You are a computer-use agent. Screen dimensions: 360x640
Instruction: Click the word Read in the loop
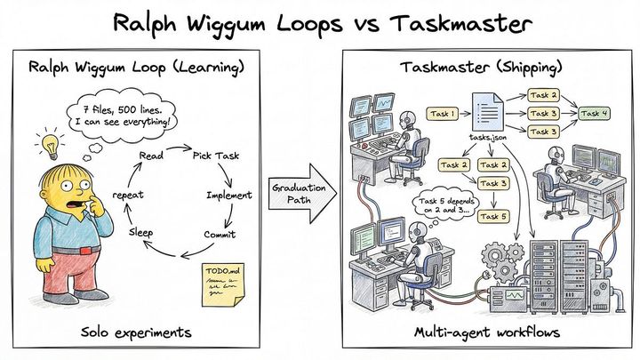tap(151, 156)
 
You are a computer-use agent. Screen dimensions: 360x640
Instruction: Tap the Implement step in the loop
tap(229, 195)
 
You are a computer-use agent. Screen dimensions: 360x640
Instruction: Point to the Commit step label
tap(220, 236)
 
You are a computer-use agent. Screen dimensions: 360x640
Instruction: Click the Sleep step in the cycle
tap(141, 231)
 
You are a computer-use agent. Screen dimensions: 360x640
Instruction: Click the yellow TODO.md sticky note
tap(223, 284)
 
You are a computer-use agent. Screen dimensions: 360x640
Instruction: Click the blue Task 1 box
tap(443, 114)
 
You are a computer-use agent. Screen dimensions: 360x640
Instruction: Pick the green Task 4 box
tap(595, 113)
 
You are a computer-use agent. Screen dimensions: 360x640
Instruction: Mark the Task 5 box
tap(493, 216)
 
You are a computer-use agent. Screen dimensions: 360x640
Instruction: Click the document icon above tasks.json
tap(487, 113)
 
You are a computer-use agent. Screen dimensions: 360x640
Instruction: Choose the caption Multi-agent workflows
tap(486, 332)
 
